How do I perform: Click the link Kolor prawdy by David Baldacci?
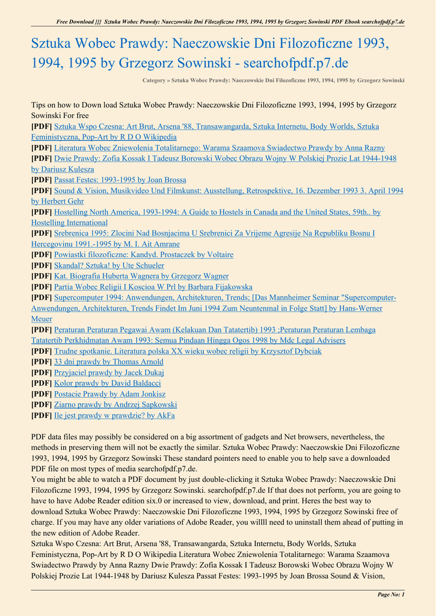tap(107, 383)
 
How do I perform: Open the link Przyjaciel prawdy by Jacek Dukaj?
tap(109, 372)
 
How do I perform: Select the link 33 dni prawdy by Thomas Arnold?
tap(108, 362)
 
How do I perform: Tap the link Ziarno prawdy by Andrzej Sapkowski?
tap(115, 405)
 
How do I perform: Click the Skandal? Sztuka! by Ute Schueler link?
tap(109, 265)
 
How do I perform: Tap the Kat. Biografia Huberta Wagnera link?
tap(141, 276)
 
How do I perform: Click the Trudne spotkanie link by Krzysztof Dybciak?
tap(188, 351)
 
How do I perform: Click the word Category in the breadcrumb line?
tap(155, 80)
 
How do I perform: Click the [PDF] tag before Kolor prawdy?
tap(41, 383)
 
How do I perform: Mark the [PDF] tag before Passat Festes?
tap(41, 180)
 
